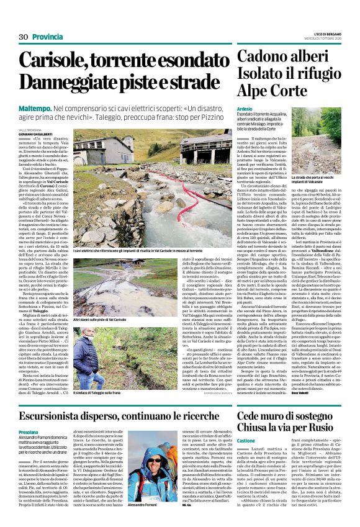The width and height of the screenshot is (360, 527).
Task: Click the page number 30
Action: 24,37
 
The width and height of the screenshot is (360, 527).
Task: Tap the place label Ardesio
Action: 245,108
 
